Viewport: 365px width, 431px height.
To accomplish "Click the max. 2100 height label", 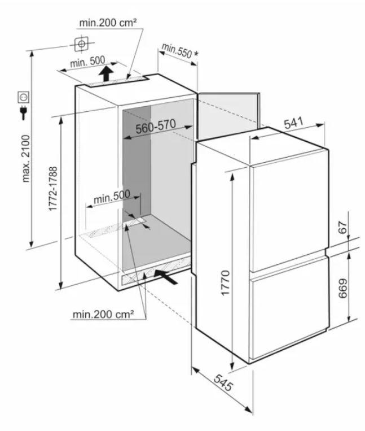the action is [x=26, y=158].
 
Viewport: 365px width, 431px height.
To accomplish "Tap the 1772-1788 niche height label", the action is [x=52, y=189].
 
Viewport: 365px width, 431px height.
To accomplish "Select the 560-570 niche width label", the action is [x=156, y=127].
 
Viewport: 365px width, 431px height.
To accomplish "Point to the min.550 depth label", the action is [x=177, y=51].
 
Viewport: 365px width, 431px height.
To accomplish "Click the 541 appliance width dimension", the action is [x=293, y=123].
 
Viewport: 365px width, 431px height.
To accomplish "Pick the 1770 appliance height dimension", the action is [x=225, y=283].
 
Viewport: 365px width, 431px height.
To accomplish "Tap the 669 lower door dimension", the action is [x=342, y=288].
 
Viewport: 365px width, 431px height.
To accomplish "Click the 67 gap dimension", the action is [x=343, y=227].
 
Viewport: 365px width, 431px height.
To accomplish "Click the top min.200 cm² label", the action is [x=108, y=23].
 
